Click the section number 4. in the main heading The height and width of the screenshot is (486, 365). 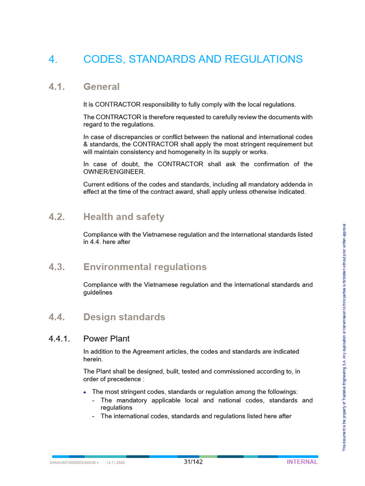(53, 59)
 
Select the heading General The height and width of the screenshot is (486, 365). (101, 87)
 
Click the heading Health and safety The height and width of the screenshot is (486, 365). (124, 217)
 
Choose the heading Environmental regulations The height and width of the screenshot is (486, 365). (145, 267)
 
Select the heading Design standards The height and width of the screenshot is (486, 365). (124, 317)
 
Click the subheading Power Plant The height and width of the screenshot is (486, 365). (106, 339)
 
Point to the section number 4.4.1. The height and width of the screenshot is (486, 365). (59, 339)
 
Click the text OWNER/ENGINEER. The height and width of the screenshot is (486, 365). (111, 172)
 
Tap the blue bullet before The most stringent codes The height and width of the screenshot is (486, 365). (85, 393)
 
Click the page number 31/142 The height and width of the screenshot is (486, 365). (193, 462)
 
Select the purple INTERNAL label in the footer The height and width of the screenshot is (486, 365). (302, 462)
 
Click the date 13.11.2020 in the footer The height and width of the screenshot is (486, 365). (115, 463)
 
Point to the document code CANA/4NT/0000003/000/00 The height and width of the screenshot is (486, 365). (73, 463)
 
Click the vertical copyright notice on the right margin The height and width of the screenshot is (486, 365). (345, 337)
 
